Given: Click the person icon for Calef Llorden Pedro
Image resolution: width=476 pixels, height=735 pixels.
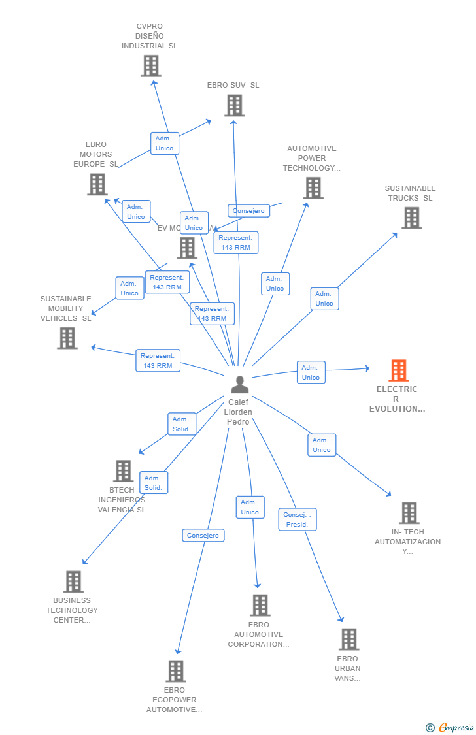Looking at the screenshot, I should [x=240, y=385].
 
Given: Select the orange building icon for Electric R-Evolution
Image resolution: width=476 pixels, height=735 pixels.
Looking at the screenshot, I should [x=398, y=370].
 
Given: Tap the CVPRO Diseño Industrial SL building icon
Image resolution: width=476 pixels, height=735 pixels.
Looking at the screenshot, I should [x=151, y=65].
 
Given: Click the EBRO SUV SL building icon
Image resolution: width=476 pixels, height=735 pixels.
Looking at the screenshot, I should [x=234, y=105].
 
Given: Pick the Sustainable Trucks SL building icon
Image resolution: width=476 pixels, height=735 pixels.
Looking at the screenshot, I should [x=411, y=218].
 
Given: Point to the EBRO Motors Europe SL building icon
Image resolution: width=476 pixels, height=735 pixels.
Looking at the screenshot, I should [x=97, y=184].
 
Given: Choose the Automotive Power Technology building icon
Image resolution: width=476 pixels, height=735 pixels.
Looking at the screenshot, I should [x=313, y=188].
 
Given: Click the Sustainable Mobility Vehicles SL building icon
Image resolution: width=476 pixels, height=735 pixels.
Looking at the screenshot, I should [x=67, y=338].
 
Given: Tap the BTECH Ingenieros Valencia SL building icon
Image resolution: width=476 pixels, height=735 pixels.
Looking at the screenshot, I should [x=123, y=471].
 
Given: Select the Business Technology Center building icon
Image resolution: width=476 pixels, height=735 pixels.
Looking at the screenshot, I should [x=73, y=581].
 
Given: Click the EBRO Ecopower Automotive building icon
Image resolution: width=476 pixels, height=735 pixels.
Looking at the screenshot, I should [x=175, y=671].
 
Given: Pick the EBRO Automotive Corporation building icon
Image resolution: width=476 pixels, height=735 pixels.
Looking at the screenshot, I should [x=260, y=605].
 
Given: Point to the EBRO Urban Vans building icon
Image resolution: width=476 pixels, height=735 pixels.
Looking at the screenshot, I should [x=348, y=639].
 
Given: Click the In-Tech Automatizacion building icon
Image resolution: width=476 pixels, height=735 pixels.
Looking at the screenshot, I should [x=409, y=513].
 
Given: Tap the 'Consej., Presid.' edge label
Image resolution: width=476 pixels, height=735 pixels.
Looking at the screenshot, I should [x=297, y=519].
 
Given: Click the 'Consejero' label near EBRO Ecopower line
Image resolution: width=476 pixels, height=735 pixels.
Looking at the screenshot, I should [x=203, y=536].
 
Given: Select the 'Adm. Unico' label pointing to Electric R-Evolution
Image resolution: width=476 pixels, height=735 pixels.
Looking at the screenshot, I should [x=311, y=372].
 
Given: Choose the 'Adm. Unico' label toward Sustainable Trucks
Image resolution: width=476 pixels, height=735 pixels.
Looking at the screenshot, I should [x=324, y=299].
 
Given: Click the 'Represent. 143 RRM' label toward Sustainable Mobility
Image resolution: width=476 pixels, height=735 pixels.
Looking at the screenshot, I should [x=158, y=361].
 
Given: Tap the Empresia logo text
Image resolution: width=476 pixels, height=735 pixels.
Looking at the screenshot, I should [x=456, y=727].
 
